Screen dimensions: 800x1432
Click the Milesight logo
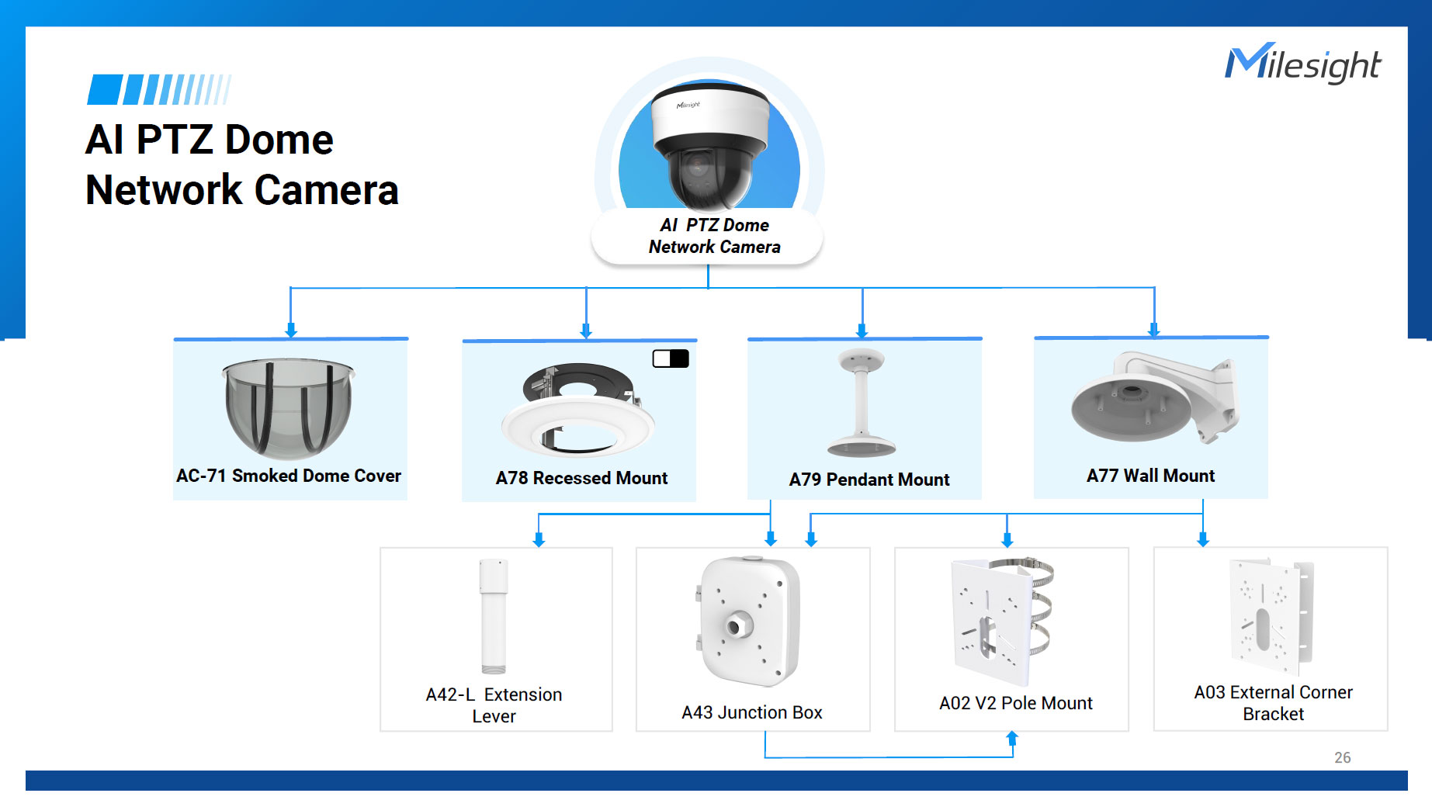[x=1302, y=64]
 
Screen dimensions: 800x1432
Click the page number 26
[x=1342, y=757]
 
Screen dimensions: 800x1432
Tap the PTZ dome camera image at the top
[x=709, y=147]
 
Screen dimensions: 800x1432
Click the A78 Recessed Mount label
[x=581, y=478]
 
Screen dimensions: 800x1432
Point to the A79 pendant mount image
[x=862, y=403]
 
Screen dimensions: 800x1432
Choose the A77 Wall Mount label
[x=1150, y=476]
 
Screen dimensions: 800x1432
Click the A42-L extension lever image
[x=494, y=616]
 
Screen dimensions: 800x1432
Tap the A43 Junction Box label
[x=751, y=712]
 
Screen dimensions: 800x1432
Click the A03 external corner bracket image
[x=1271, y=615]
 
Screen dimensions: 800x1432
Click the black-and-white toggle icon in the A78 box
[x=671, y=358]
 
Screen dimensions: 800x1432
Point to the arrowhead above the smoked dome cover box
[x=291, y=330]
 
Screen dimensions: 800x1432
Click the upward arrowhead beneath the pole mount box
[x=1012, y=737]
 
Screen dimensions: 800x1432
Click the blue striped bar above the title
[x=159, y=90]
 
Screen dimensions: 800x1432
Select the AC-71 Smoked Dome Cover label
[x=289, y=476]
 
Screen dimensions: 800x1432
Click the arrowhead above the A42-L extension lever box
[x=539, y=539]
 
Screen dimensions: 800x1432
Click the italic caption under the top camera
[x=714, y=236]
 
